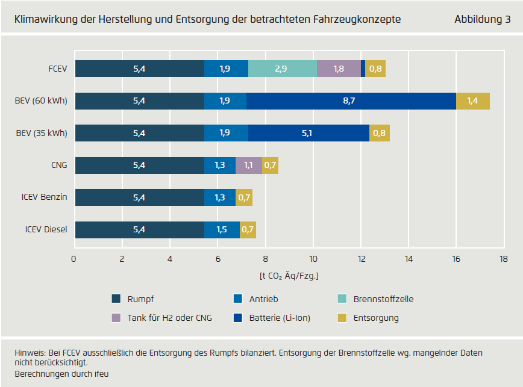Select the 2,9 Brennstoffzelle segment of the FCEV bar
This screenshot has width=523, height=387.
pyautogui.click(x=282, y=69)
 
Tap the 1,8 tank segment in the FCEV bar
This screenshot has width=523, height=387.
pyautogui.click(x=339, y=69)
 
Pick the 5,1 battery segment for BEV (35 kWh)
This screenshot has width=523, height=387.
pyautogui.click(x=308, y=133)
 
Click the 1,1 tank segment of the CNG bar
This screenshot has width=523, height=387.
pyautogui.click(x=249, y=165)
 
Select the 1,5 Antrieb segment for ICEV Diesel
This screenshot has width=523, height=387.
pyautogui.click(x=222, y=229)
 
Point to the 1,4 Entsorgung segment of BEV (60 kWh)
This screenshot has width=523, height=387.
pyautogui.click(x=473, y=101)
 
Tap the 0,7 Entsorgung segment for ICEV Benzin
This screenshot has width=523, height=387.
pyautogui.click(x=244, y=197)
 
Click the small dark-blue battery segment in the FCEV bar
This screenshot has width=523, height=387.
pyautogui.click(x=363, y=69)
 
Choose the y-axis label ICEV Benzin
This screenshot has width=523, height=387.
pyautogui.click(x=46, y=197)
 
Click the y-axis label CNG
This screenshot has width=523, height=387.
pyautogui.click(x=59, y=165)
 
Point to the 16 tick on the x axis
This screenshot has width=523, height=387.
pyautogui.click(x=456, y=259)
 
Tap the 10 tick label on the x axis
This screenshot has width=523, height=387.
pyautogui.click(x=313, y=259)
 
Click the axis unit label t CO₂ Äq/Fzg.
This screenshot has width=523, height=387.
pyautogui.click(x=289, y=276)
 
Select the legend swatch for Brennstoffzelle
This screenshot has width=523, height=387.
pyautogui.click(x=342, y=299)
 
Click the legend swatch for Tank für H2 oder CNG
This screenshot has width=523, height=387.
pyautogui.click(x=117, y=318)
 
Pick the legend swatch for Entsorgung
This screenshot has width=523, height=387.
pyautogui.click(x=342, y=318)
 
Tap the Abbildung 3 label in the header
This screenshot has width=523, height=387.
pyautogui.click(x=482, y=20)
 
